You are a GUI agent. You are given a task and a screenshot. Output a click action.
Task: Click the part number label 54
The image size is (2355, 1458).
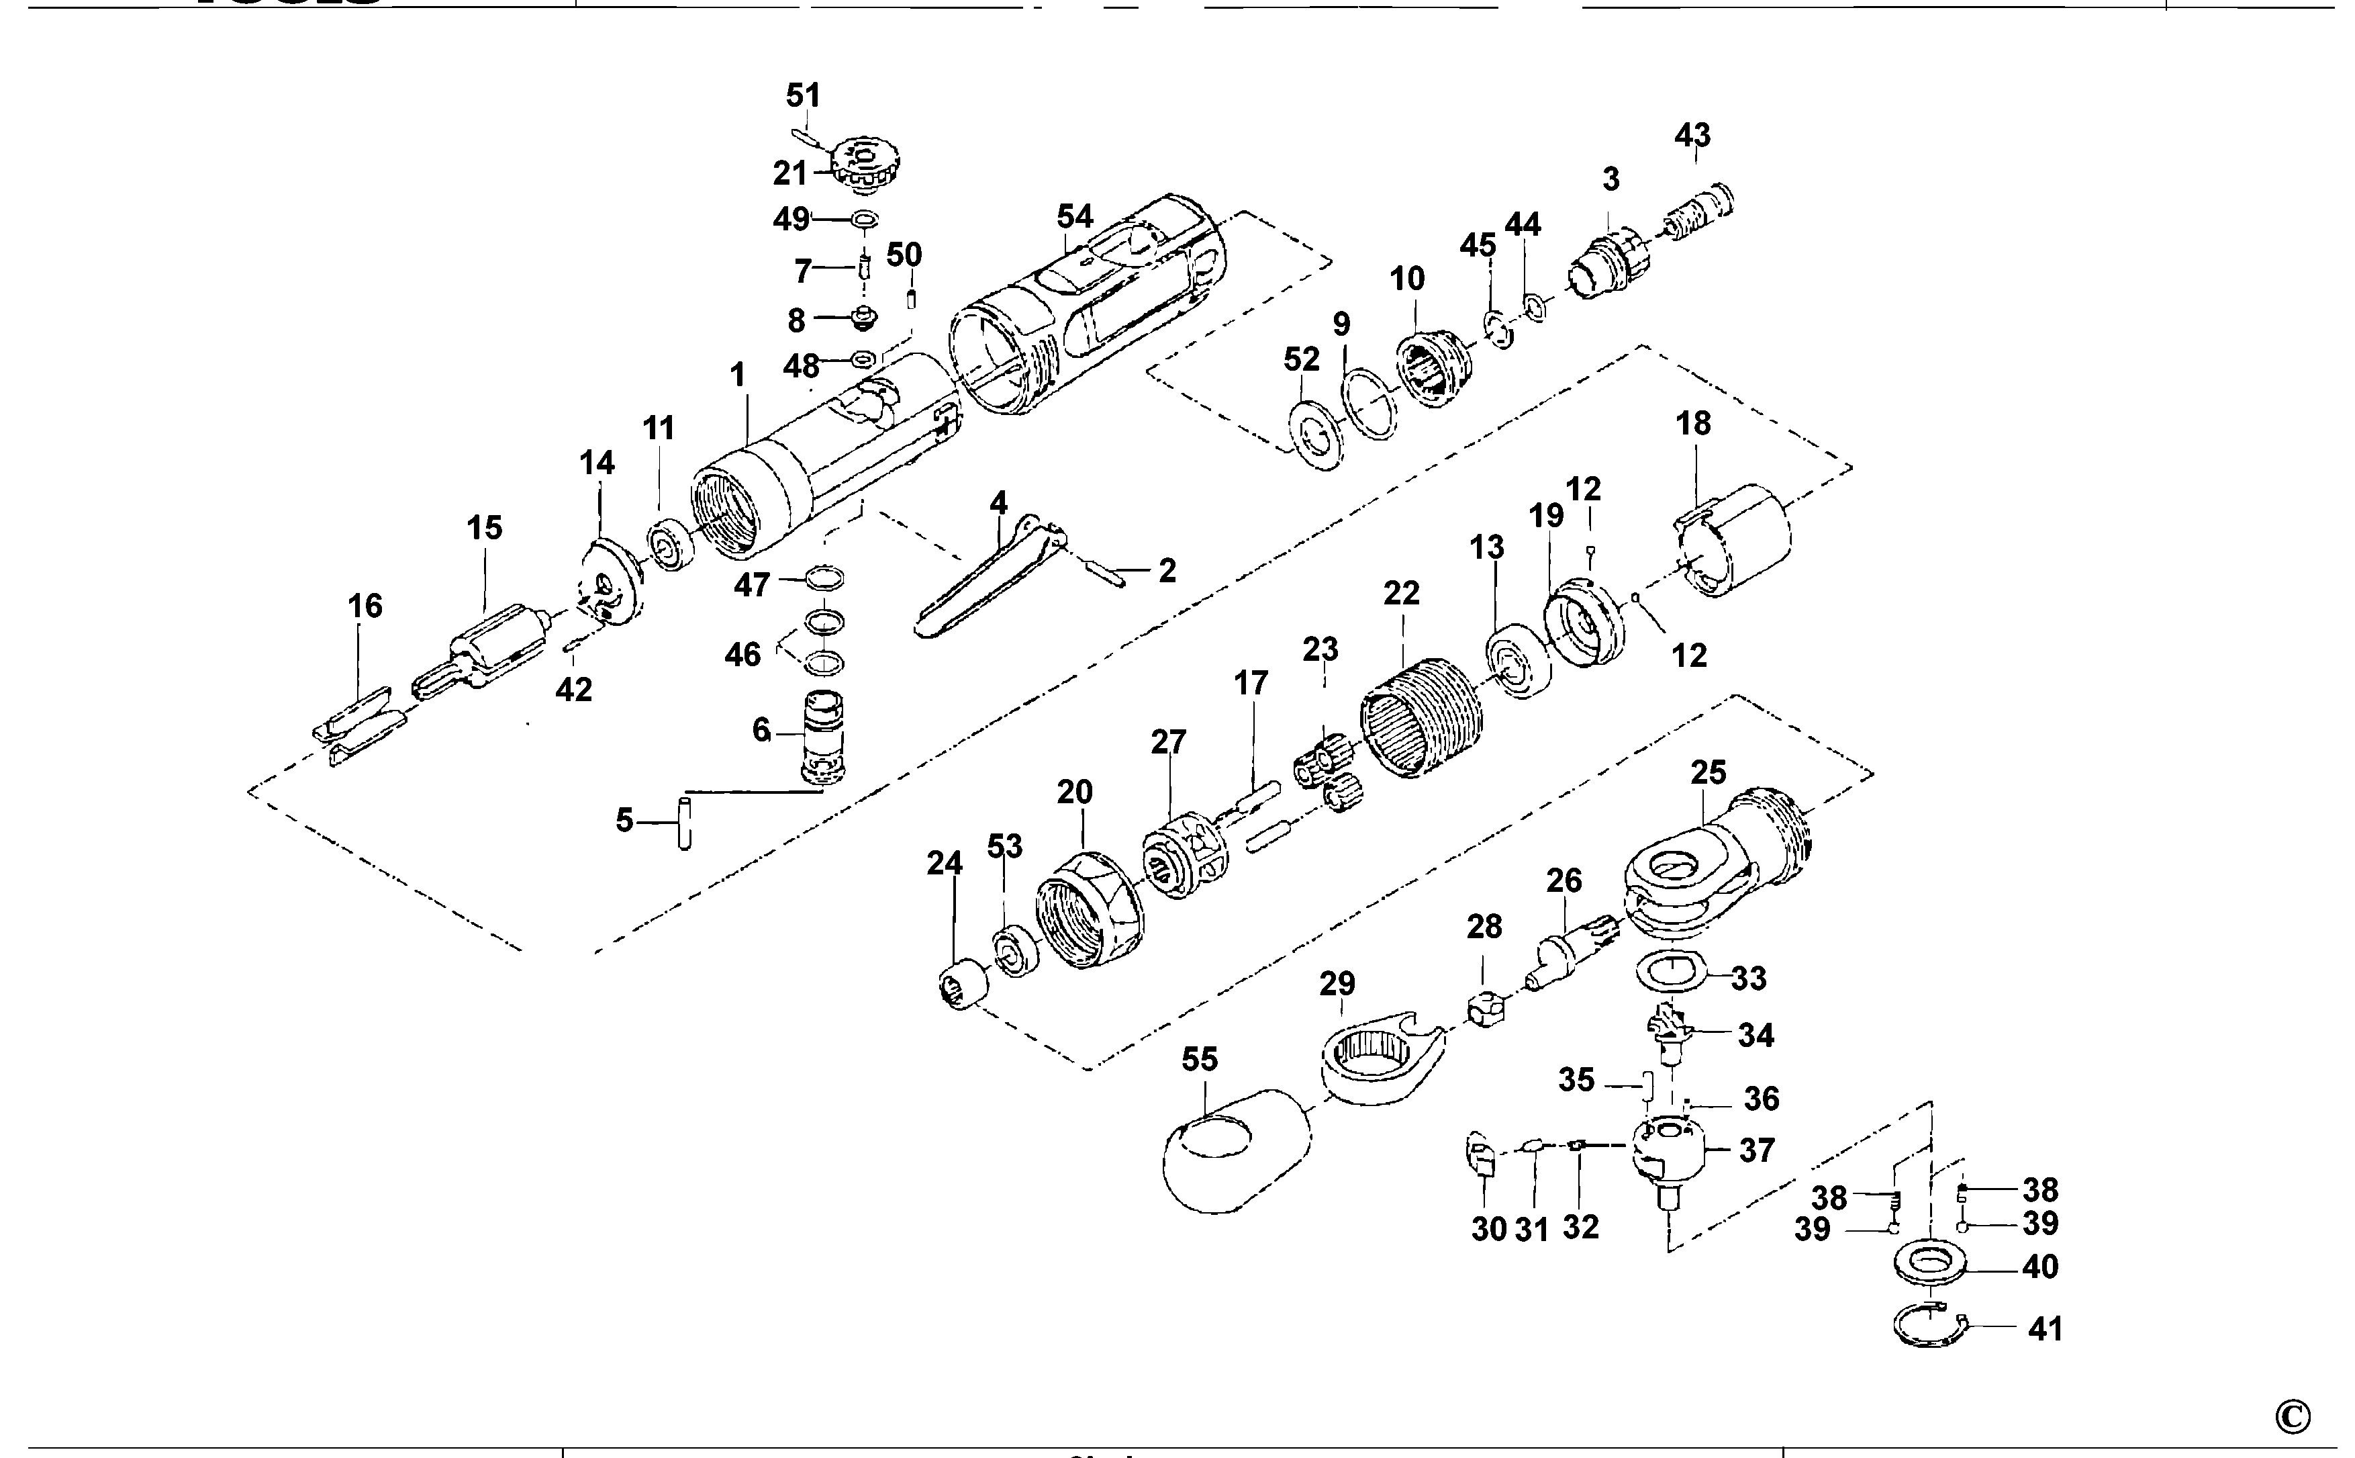point(1075,216)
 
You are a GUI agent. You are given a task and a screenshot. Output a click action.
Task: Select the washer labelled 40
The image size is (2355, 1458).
point(1929,1264)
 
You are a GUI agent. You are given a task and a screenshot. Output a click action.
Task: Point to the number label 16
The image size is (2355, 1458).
point(365,606)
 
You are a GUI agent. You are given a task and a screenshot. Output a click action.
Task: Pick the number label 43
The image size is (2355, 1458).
point(1692,135)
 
